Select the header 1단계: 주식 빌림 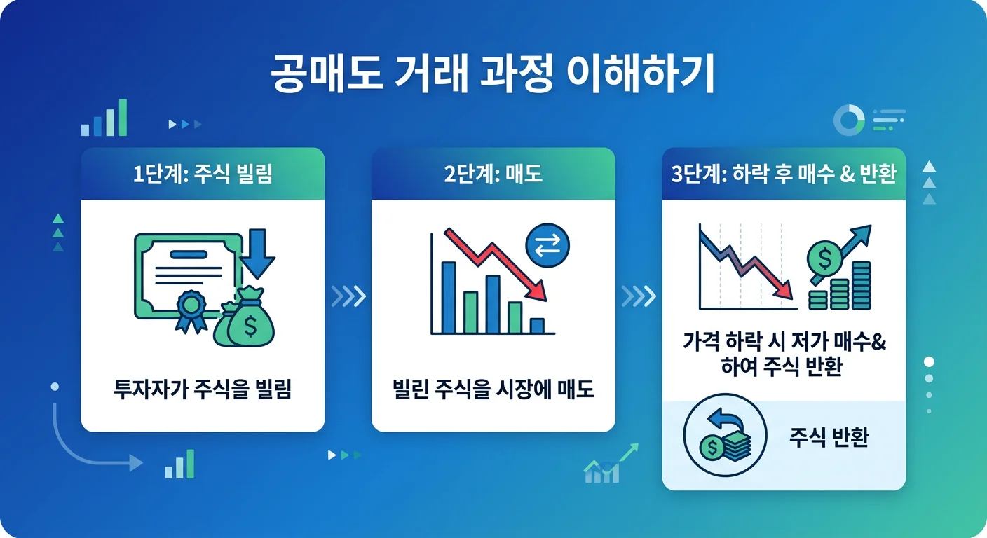click(203, 174)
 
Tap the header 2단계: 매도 click(493, 174)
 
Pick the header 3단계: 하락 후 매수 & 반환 click(784, 174)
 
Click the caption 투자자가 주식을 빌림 click(203, 389)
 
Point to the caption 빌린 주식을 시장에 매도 click(493, 389)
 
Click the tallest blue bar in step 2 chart click(449, 297)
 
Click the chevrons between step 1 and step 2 click(348, 296)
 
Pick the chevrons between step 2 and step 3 click(639, 296)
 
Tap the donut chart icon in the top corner click(848, 121)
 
